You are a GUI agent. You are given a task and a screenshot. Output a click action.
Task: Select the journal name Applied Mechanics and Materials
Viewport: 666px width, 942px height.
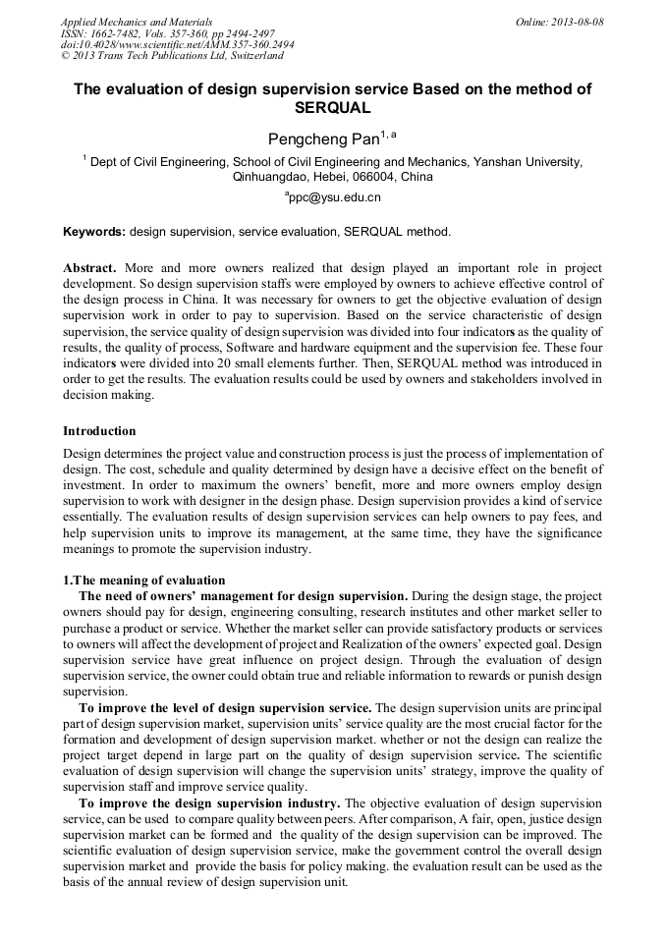(x=136, y=21)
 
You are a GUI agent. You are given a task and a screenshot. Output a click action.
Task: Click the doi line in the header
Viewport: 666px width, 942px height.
(x=177, y=44)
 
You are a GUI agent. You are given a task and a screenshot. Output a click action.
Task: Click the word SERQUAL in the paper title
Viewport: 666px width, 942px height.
(x=333, y=108)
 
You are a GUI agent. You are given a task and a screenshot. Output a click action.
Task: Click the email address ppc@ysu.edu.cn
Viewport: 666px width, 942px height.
(x=335, y=197)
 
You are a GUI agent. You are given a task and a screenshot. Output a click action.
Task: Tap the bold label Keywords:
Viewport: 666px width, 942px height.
(x=94, y=233)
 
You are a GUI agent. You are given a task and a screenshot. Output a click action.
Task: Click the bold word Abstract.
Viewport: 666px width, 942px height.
(x=90, y=268)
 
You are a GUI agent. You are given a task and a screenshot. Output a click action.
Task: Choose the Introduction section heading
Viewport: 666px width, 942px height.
(x=99, y=431)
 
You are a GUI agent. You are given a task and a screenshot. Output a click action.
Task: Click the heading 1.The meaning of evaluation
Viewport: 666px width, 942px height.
(x=143, y=581)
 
